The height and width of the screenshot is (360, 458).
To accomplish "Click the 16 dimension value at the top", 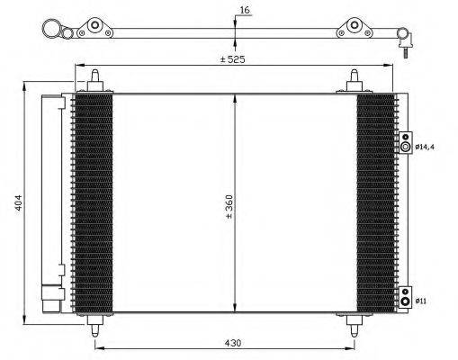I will (245, 11).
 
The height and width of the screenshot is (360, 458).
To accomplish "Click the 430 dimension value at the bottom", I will (233, 343).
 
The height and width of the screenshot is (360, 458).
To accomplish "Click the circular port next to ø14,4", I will (406, 147).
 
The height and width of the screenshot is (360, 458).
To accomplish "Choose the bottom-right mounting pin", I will (353, 324).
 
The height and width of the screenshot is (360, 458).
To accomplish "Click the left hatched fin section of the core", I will (93, 202).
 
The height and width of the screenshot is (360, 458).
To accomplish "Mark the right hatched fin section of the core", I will (375, 202).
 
